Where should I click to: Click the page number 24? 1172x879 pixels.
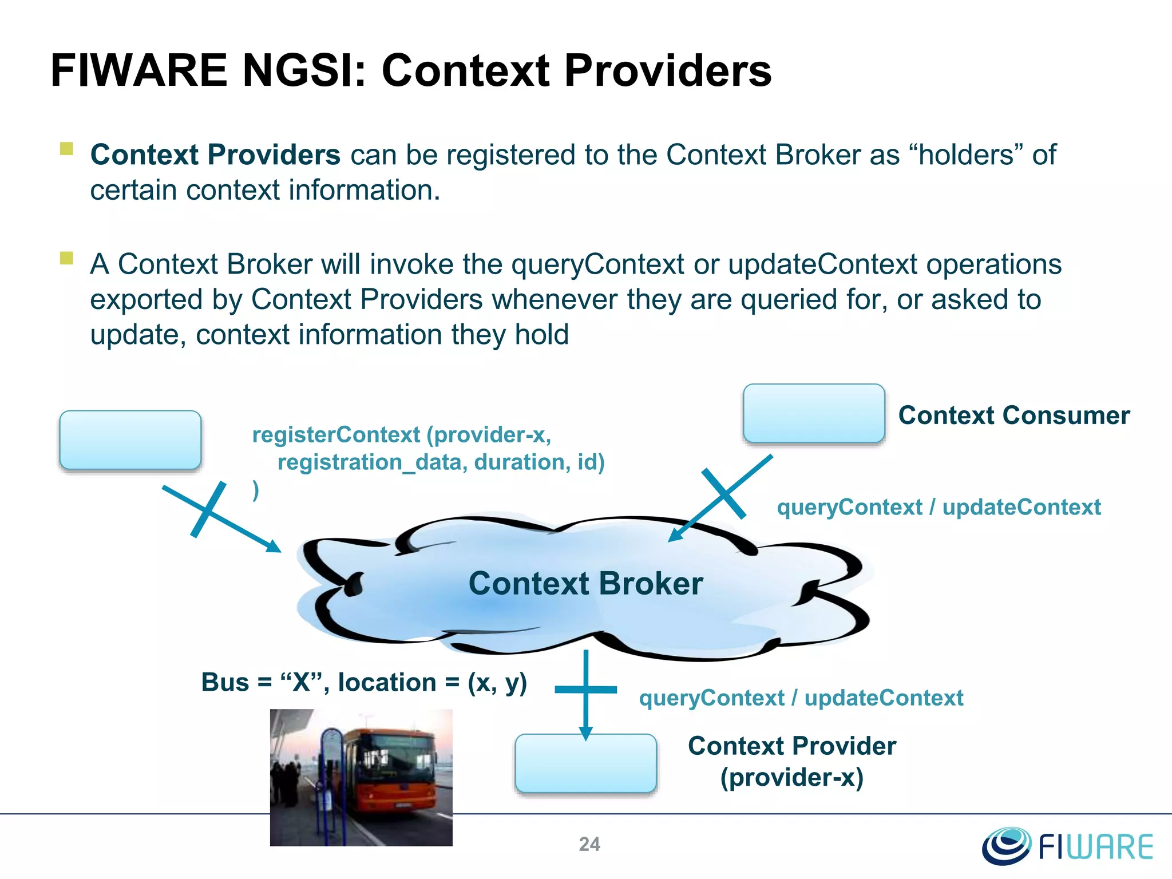(x=589, y=844)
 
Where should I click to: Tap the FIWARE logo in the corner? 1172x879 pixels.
(x=1068, y=846)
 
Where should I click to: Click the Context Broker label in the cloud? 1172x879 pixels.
(x=585, y=584)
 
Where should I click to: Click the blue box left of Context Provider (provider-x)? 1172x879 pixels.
(x=585, y=763)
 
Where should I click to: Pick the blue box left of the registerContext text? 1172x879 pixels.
(x=130, y=440)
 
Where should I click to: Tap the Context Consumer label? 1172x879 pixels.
(x=1013, y=415)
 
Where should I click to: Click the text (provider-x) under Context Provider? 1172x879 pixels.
(x=791, y=778)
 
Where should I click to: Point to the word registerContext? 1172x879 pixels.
(x=336, y=435)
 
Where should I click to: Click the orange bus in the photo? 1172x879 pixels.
(x=395, y=767)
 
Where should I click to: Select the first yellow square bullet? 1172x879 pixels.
(x=66, y=149)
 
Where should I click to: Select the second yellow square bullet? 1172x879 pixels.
(x=66, y=258)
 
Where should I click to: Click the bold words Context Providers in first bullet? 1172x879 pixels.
(x=215, y=155)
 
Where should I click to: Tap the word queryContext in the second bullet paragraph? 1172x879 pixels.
(x=597, y=264)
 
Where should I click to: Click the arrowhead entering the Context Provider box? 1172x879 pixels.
(x=585, y=733)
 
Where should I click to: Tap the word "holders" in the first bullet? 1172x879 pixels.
(x=965, y=155)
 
